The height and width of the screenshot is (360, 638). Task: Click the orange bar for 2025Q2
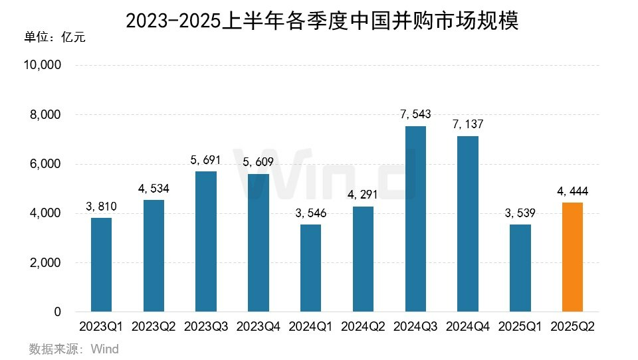[572, 257]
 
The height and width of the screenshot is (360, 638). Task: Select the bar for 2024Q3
[415, 219]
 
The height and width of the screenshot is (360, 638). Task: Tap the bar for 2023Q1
[102, 264]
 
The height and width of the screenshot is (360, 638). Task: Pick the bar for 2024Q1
[311, 268]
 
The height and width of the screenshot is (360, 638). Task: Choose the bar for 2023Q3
[206, 242]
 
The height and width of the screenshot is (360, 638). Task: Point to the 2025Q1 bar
[520, 268]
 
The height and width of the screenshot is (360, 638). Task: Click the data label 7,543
[415, 114]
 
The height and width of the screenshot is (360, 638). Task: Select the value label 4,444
[572, 191]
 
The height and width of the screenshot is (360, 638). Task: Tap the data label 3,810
[102, 207]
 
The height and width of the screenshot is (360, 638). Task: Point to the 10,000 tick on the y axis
[42, 66]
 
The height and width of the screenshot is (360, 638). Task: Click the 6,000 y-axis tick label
[45, 164]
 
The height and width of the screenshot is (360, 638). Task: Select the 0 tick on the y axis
[58, 312]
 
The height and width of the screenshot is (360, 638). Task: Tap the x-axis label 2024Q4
[468, 327]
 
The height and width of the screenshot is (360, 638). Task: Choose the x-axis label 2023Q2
[154, 327]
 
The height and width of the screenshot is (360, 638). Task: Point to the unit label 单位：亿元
[54, 37]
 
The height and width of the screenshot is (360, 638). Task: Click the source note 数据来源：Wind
[74, 349]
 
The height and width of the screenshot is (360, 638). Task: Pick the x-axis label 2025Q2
[572, 327]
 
